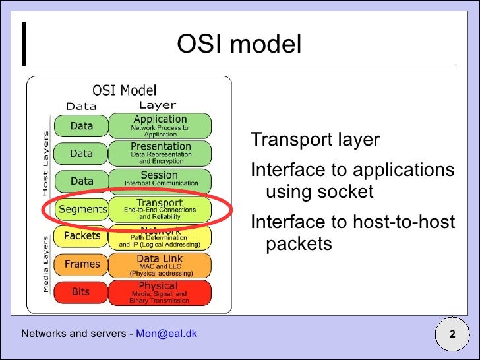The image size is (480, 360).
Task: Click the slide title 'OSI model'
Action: pos(239,45)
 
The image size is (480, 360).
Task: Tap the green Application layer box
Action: pos(160,125)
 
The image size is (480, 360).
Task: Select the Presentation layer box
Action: pos(160,153)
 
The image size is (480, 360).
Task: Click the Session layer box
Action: pos(160,179)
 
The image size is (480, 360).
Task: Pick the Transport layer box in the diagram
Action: pos(160,209)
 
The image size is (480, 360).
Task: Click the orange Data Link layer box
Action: pos(160,265)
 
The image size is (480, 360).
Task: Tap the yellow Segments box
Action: pos(82,210)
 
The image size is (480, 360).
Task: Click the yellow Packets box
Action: pos(82,236)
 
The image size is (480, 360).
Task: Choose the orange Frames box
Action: pos(82,264)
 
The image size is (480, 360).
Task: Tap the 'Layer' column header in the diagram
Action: pos(158,105)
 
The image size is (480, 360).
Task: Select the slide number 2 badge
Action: pos(452,334)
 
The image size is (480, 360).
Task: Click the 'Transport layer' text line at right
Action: pos(315,140)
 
